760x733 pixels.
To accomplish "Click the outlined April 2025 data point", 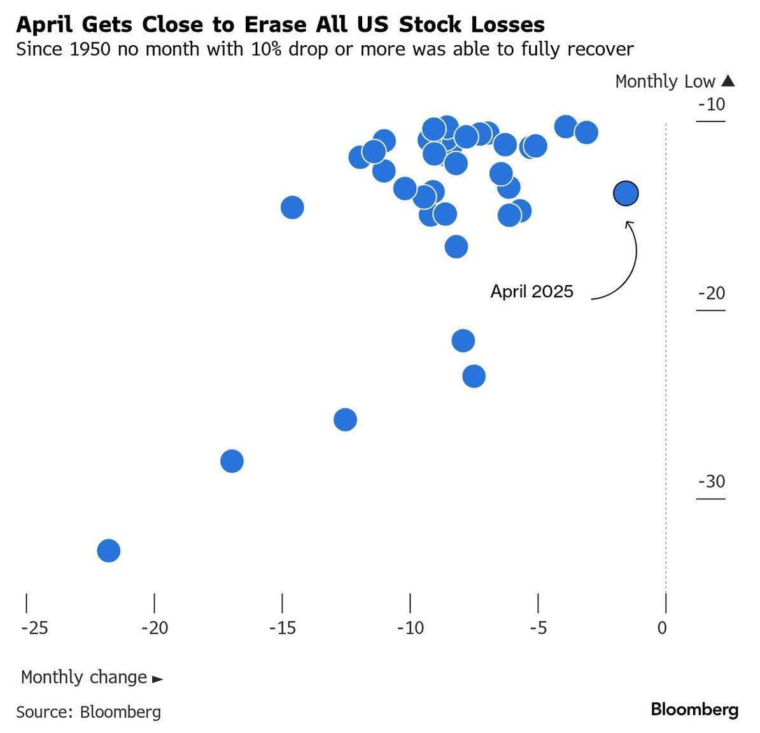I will [x=626, y=193].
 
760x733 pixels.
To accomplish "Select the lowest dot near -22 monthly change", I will [x=109, y=550].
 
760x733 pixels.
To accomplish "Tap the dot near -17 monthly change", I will [x=232, y=461].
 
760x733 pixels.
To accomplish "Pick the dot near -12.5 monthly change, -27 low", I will [x=345, y=420].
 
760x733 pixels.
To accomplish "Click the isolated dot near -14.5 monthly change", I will [x=292, y=207].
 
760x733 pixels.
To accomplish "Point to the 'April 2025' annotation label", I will [x=531, y=291].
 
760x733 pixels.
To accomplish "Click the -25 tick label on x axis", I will [x=34, y=628].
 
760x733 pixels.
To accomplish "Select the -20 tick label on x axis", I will [x=155, y=628].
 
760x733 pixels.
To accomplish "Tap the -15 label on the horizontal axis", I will [x=283, y=628].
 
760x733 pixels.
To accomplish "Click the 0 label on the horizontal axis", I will [x=662, y=628].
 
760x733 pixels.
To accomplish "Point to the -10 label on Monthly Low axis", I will [x=712, y=104].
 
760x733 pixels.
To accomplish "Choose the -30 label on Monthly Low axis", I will [x=712, y=482].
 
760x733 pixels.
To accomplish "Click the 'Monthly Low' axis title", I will [x=665, y=81].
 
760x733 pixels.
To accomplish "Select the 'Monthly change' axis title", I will [x=84, y=677].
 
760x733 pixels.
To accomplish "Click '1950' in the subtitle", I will [x=90, y=49].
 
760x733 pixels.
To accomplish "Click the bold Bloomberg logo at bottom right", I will [x=694, y=709].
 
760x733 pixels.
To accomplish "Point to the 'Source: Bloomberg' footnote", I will [x=88, y=711].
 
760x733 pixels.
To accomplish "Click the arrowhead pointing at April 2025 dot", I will [x=630, y=223].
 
